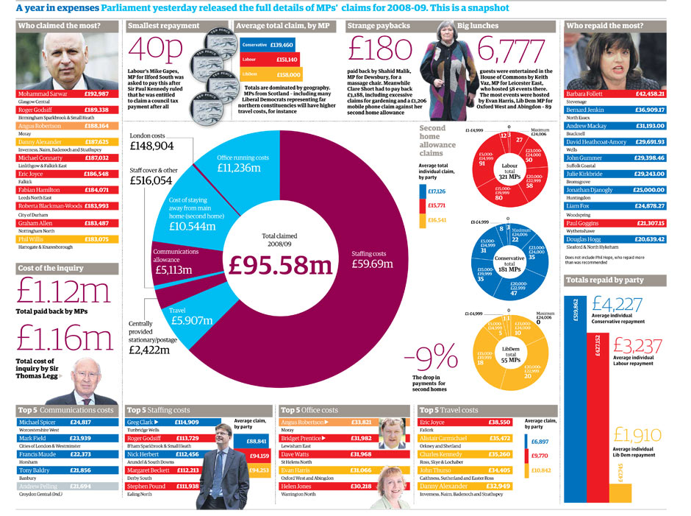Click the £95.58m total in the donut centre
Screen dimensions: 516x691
(x=279, y=265)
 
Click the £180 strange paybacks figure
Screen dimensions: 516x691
(x=380, y=49)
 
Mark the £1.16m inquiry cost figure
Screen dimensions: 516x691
(x=65, y=339)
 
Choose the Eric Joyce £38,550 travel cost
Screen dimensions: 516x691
(x=500, y=423)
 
